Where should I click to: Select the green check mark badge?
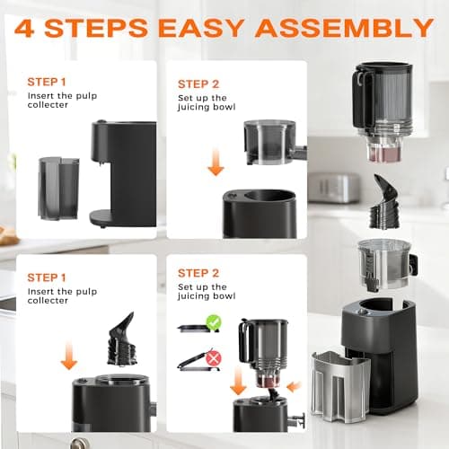click(213, 321)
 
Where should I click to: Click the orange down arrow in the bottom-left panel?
click(68, 357)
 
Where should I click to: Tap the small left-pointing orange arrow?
click(294, 386)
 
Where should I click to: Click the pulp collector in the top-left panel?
click(57, 188)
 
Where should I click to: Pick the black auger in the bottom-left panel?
click(120, 342)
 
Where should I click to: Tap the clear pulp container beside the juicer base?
click(339, 386)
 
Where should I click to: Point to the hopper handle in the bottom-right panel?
click(243, 341)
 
